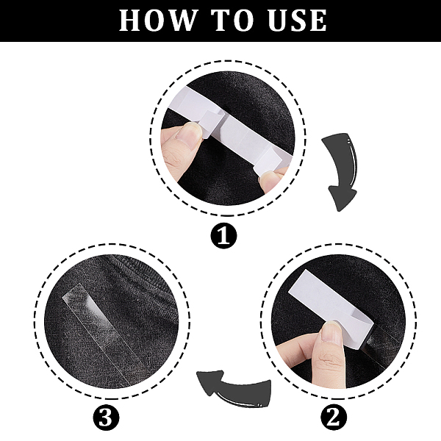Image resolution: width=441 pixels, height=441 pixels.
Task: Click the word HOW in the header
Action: pyautogui.click(x=157, y=21)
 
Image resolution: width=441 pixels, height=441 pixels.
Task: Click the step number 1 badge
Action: pyautogui.click(x=224, y=235)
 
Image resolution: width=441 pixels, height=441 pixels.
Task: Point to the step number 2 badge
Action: pyautogui.click(x=334, y=417)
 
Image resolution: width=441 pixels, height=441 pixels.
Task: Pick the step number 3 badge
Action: pyautogui.click(x=106, y=417)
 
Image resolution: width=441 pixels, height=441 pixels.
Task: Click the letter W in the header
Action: pyautogui.click(x=182, y=21)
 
